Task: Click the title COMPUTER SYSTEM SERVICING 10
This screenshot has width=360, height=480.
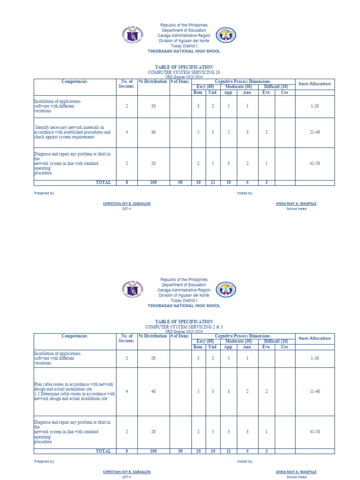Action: point(184,73)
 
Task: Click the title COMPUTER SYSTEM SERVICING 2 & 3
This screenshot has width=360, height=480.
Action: point(184,327)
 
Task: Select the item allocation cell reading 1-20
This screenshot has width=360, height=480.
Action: point(315,106)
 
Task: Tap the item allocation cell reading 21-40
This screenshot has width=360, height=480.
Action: point(315,132)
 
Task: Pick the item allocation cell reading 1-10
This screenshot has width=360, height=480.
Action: point(315,359)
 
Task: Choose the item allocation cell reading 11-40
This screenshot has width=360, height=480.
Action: point(315,391)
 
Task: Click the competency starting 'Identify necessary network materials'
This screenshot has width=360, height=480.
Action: point(73,132)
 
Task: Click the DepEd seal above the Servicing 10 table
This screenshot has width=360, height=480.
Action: point(132,35)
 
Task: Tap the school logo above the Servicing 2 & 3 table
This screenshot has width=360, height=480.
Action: point(225,289)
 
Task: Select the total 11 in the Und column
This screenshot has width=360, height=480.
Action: point(212,182)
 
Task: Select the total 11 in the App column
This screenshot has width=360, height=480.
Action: point(228,451)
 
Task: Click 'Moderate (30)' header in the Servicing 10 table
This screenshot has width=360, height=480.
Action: point(239,87)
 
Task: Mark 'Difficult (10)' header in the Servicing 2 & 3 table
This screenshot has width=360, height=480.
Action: point(276,341)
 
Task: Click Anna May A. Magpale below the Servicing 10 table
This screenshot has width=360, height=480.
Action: point(296,203)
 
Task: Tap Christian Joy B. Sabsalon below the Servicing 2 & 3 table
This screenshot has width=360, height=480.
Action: point(127,472)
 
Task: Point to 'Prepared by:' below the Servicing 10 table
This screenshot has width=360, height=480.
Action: point(45,193)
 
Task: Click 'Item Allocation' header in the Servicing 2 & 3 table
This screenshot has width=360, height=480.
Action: point(315,338)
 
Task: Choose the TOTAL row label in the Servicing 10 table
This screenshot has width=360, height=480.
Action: point(103,182)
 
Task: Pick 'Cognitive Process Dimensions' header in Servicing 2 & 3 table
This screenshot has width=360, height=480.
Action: point(243,336)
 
